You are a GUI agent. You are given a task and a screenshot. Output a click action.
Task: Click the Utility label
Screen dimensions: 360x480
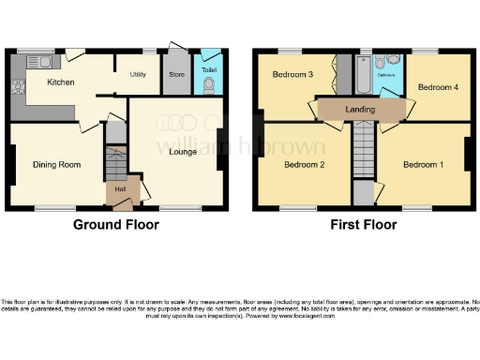[137, 73]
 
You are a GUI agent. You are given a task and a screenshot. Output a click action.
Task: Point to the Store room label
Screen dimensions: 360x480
[174, 73]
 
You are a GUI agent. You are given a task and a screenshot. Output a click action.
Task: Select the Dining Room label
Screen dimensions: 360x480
[56, 164]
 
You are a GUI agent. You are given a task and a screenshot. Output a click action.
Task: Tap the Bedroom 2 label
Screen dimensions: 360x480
[303, 164]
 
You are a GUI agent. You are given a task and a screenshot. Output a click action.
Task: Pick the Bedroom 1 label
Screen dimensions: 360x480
[424, 164]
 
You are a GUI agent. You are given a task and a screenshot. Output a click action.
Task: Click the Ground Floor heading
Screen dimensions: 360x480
[116, 225]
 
